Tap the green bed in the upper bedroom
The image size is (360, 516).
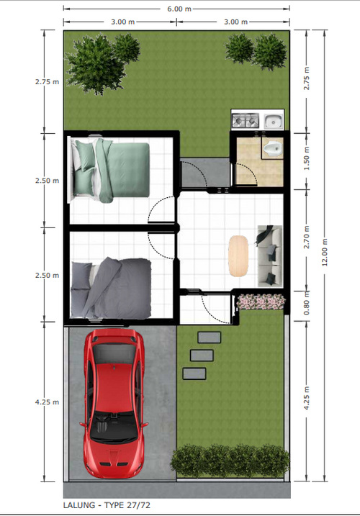(109, 170)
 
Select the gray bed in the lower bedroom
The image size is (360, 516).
(111, 289)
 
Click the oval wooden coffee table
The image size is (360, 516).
(238, 255)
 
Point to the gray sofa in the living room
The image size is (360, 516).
(269, 255)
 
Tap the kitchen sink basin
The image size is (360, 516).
(273, 121)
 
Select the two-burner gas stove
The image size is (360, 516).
(246, 120)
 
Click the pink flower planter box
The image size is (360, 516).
(261, 302)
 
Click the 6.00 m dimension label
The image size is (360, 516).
(179, 9)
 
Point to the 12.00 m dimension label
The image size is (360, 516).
(325, 252)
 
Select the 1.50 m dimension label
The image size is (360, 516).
(306, 158)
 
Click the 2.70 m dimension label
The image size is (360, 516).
(306, 237)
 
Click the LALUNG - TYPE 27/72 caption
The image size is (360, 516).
(107, 505)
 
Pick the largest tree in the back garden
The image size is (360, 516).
(96, 64)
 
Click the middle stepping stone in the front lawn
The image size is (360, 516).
(202, 356)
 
